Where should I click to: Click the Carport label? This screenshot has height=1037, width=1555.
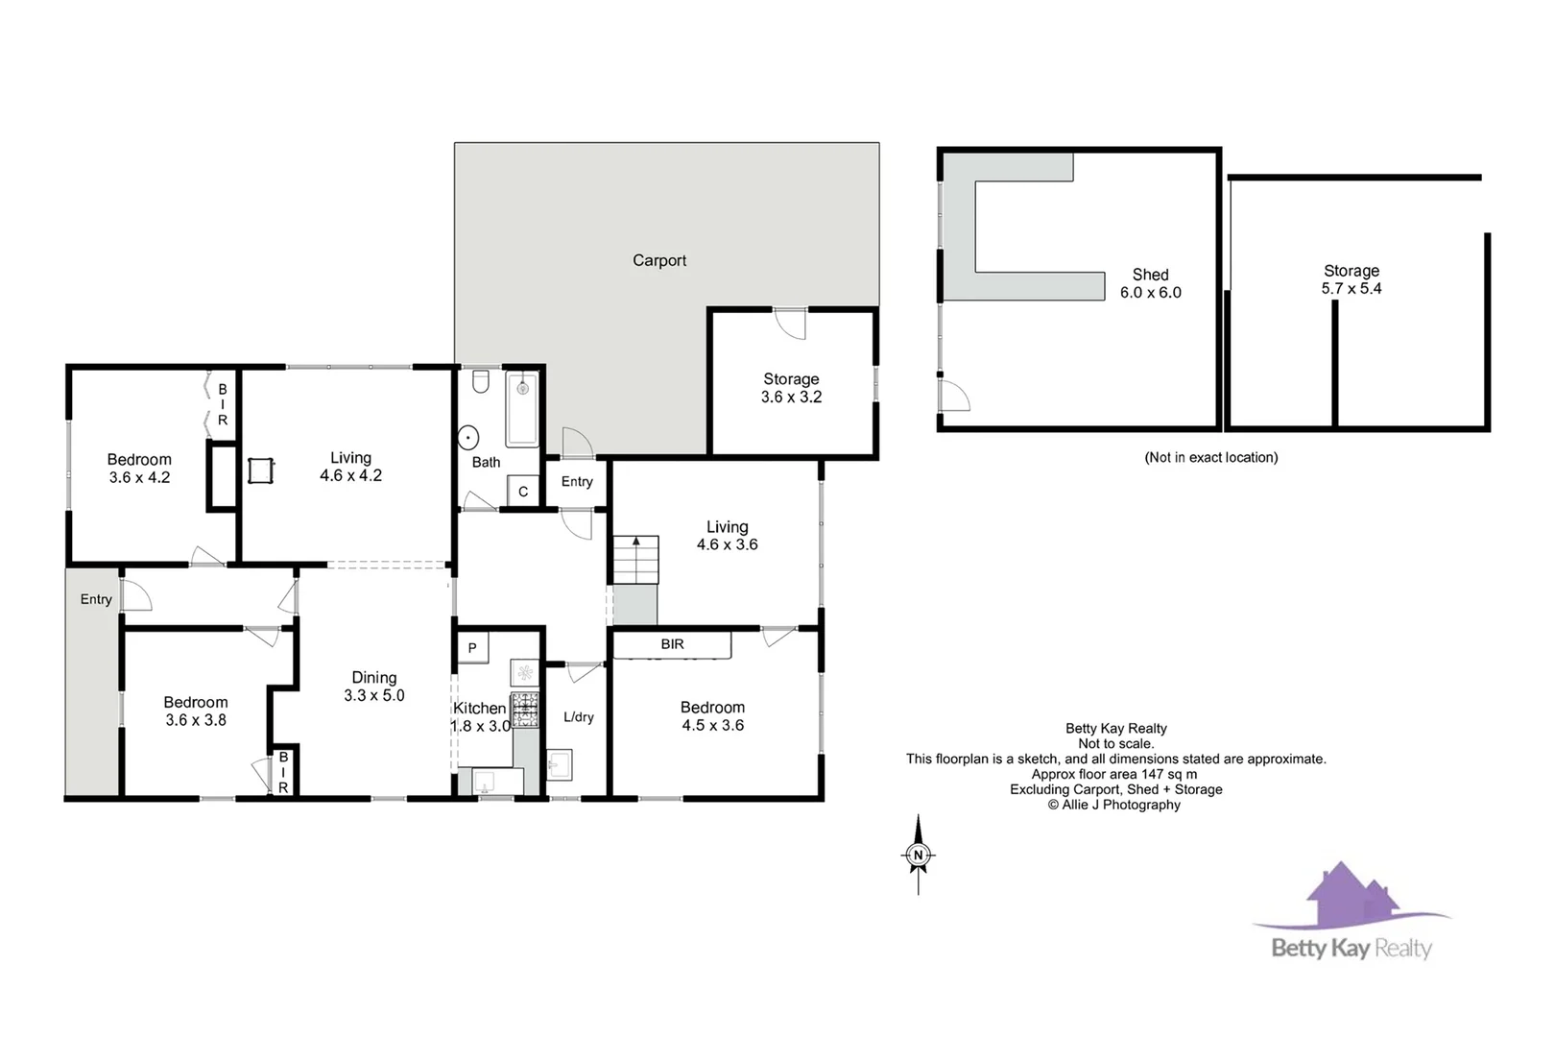(659, 260)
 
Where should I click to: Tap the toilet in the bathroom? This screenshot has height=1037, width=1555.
(481, 383)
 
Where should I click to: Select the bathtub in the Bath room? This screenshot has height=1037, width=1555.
(522, 408)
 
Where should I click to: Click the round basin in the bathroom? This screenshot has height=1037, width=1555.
(468, 438)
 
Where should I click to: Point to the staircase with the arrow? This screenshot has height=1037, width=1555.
(635, 559)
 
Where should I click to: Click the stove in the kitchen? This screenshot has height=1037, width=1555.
(524, 709)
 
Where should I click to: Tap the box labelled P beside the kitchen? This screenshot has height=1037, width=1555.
(472, 647)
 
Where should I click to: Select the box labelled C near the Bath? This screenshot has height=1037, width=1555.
(523, 491)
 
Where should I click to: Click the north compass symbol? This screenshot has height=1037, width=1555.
(919, 855)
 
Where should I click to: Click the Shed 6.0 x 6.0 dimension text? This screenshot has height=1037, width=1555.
(1150, 292)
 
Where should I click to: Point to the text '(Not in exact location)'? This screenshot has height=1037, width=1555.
(1210, 457)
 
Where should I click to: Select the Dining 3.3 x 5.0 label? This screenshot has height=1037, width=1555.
(374, 687)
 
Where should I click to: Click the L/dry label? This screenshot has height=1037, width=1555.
(579, 717)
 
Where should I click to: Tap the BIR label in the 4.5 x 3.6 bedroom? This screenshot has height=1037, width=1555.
(672, 644)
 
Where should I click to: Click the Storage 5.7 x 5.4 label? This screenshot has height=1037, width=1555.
(1352, 279)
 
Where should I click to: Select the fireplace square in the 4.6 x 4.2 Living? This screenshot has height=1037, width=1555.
(261, 470)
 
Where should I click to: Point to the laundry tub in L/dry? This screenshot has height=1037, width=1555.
(559, 764)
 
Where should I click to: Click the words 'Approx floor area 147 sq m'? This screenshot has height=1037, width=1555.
(1114, 774)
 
